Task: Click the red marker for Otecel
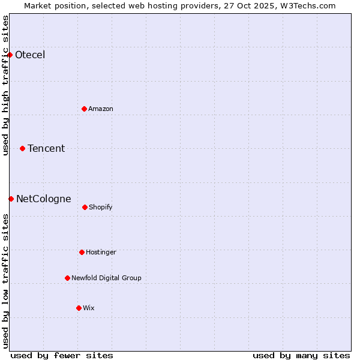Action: (10, 55)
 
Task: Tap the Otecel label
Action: (30, 55)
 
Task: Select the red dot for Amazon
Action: (84, 109)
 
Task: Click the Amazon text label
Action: (101, 109)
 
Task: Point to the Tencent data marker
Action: (22, 148)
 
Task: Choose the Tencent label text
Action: (46, 148)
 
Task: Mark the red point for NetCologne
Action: (11, 199)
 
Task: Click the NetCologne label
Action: (44, 199)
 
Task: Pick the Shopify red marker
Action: (85, 207)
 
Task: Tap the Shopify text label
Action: (101, 207)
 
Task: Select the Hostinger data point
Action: (82, 252)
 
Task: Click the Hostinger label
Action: (101, 252)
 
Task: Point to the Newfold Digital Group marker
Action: (67, 278)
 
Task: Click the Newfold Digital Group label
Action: (106, 278)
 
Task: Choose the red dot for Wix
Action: (79, 308)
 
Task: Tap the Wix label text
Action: (89, 308)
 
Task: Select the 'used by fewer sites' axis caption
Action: (62, 355)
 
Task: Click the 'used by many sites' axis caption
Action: (301, 355)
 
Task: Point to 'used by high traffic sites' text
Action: (5, 85)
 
